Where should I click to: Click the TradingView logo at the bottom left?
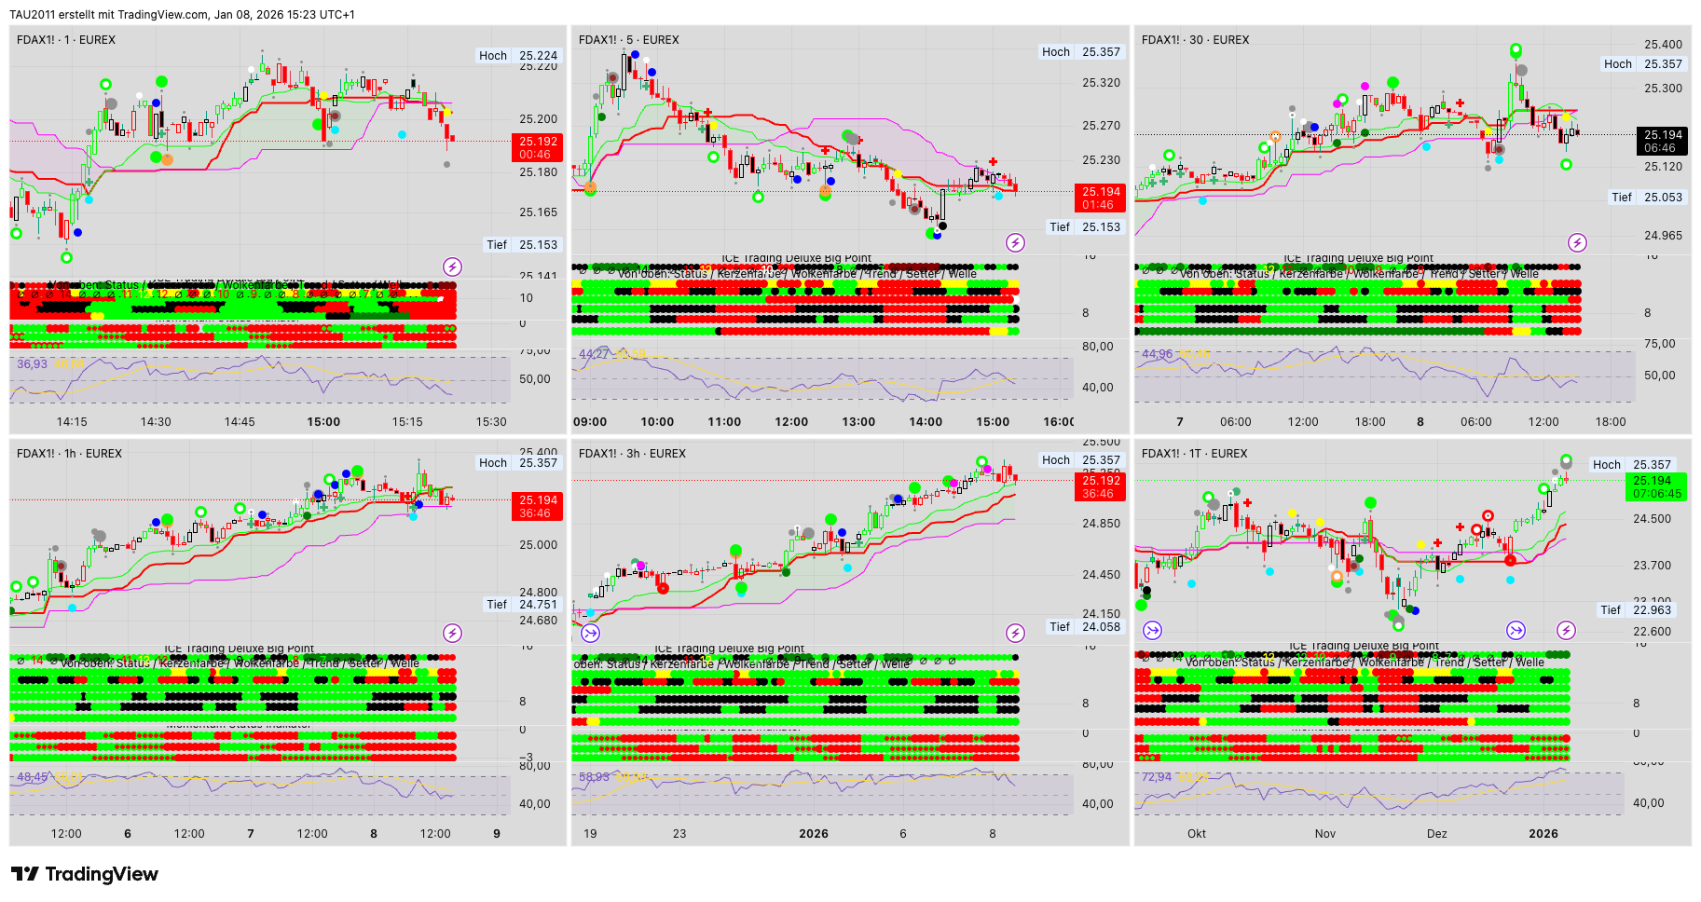pyautogui.click(x=84, y=874)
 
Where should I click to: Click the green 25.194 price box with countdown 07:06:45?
pyautogui.click(x=1656, y=487)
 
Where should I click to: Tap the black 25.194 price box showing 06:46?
pyautogui.click(x=1663, y=141)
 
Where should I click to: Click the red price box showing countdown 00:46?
pyautogui.click(x=536, y=148)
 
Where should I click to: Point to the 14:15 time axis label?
pyautogui.click(x=72, y=422)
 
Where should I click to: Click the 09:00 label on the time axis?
pyautogui.click(x=590, y=422)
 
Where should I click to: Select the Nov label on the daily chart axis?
pyautogui.click(x=1324, y=834)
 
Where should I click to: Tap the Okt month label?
pyautogui.click(x=1197, y=834)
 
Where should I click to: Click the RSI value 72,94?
pyautogui.click(x=1157, y=777)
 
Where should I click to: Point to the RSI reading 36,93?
pyautogui.click(x=32, y=364)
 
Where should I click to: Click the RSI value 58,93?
pyautogui.click(x=594, y=777)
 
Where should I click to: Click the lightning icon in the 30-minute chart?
pyautogui.click(x=1577, y=243)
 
